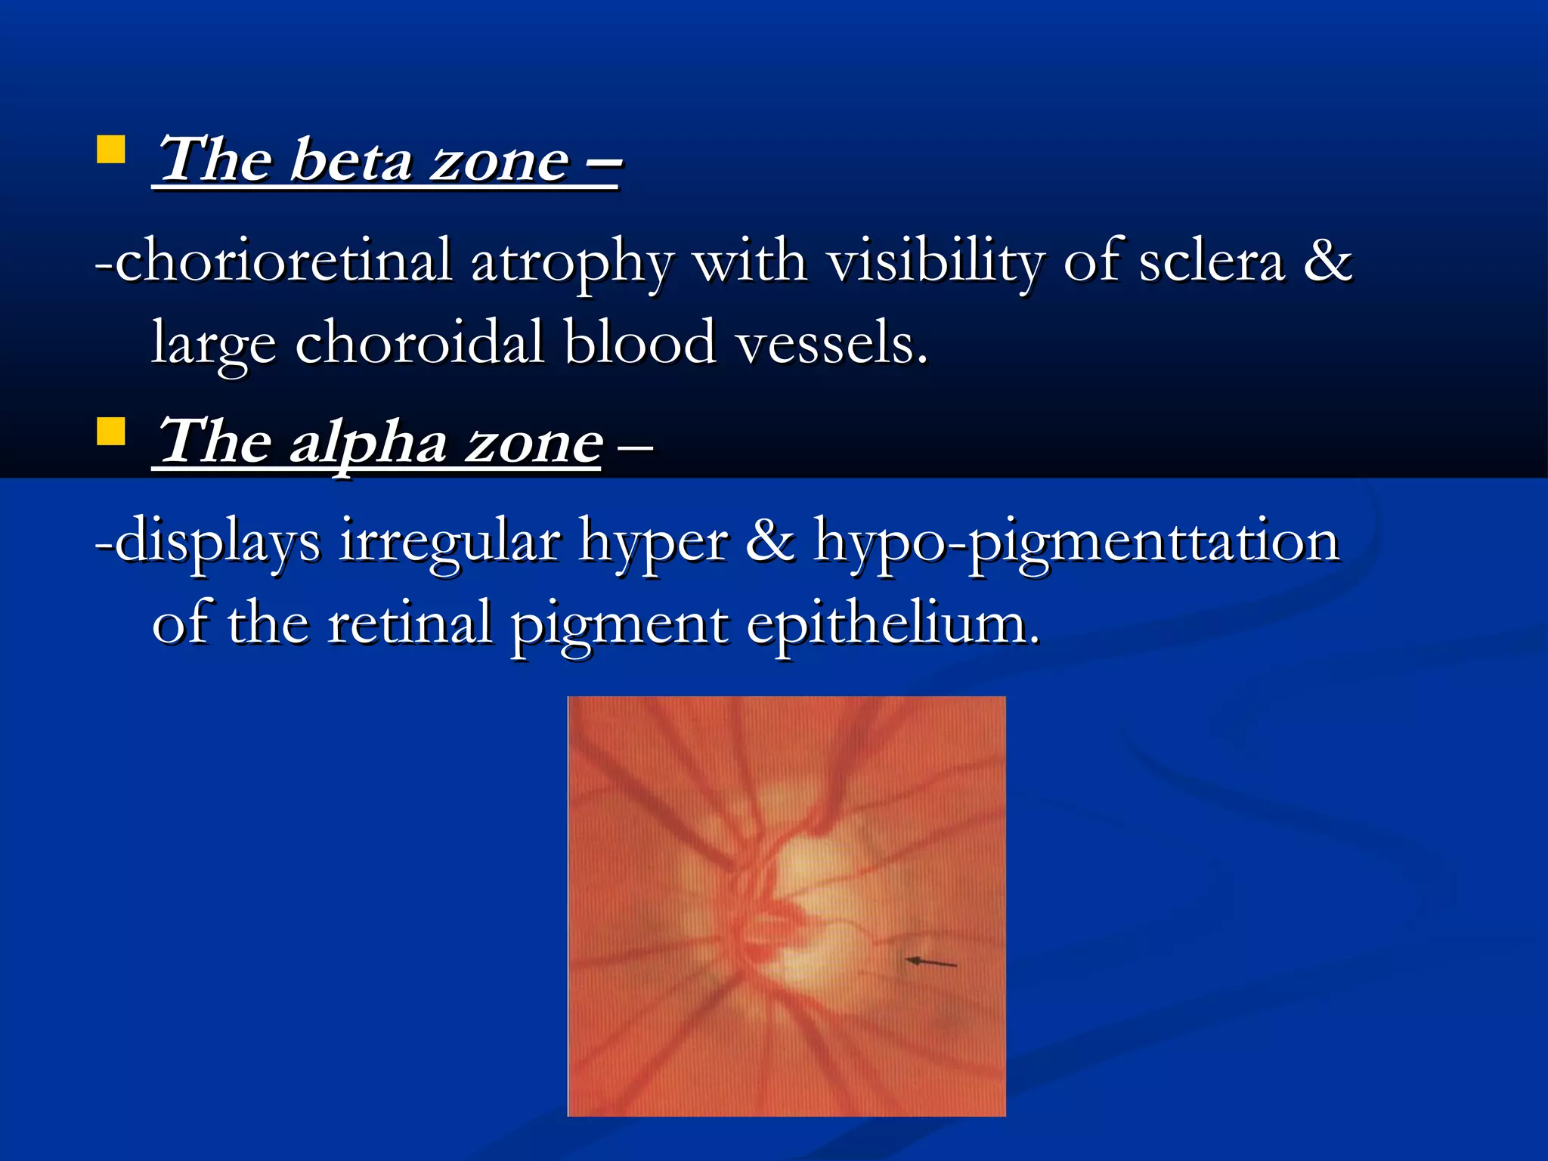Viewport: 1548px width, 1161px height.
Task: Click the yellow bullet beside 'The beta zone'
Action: pos(111,150)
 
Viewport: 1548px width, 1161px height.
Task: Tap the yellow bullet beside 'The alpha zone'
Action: pos(111,432)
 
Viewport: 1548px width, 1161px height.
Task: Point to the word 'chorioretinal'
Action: pos(283,261)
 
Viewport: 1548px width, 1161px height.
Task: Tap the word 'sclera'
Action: pos(1211,261)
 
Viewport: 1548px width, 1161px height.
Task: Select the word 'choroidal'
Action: pos(419,342)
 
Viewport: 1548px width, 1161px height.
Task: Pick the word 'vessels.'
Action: pos(831,342)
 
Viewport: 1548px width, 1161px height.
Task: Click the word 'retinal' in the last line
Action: pos(409,624)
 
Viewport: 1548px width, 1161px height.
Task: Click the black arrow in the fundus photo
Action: pos(931,962)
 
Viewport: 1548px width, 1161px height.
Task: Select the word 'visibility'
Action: pos(933,261)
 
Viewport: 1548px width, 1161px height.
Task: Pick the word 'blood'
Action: pos(639,342)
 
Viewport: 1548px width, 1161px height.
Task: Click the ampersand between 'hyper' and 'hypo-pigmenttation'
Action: pos(770,541)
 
